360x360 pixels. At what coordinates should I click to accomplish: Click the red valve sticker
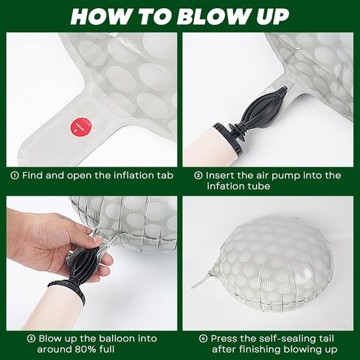coord(81,127)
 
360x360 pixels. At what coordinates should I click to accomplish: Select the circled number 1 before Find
coord(15,176)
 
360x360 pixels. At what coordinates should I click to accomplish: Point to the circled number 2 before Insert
coord(198,176)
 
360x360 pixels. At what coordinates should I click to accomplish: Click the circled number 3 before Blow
coord(31,339)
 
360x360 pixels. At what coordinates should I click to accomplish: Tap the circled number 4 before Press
coord(203,339)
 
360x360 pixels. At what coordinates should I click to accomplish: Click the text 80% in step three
coord(83,349)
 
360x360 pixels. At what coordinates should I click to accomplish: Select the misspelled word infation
coord(226,186)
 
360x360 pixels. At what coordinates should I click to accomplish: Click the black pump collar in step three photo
coord(67,291)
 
